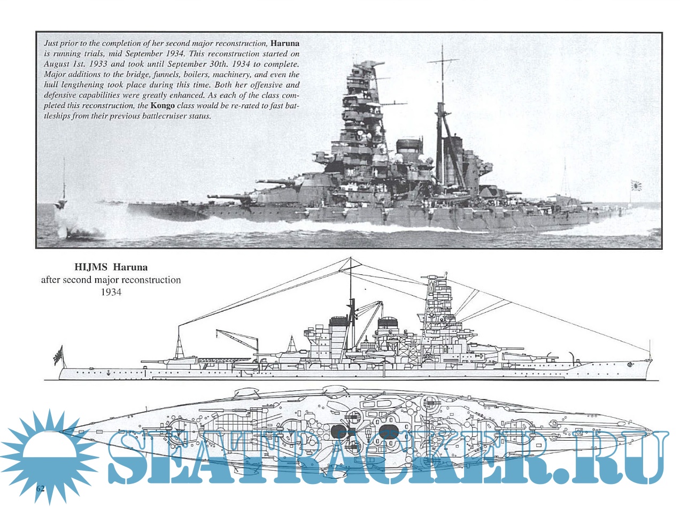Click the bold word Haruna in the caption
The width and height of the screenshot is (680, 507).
tap(285, 43)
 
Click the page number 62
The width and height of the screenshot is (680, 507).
tap(41, 489)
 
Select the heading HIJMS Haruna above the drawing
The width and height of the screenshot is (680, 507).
tap(111, 266)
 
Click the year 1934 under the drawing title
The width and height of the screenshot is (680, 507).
tap(111, 293)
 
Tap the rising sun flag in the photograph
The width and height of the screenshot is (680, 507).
tap(636, 186)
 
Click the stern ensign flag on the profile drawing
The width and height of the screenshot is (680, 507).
tap(58, 355)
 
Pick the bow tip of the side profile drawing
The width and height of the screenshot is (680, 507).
tap(652, 364)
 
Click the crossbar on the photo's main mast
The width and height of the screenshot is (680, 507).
tap(443, 59)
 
